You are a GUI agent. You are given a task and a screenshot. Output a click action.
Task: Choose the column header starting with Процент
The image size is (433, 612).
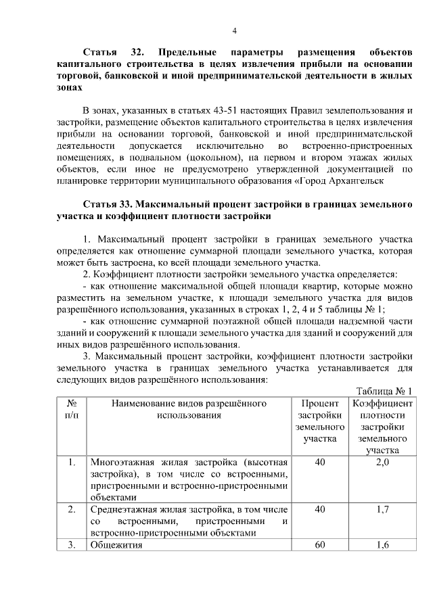[x=320, y=421]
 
